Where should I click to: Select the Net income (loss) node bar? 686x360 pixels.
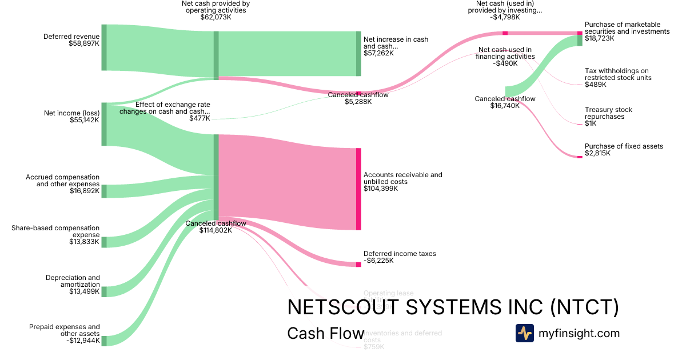click(x=104, y=124)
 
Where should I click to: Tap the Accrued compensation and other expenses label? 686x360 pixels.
click(x=62, y=185)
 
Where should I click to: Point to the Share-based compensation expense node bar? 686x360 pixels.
click(x=104, y=242)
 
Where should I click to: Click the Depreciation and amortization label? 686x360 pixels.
click(x=73, y=285)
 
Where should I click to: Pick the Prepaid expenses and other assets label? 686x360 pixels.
click(x=64, y=334)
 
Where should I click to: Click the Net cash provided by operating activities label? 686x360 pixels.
click(x=216, y=10)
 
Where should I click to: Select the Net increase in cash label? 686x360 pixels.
click(x=396, y=46)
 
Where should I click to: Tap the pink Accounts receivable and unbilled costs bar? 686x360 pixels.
click(x=358, y=189)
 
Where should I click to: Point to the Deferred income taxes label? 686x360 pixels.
click(x=400, y=257)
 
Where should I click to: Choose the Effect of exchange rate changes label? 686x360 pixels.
click(x=165, y=111)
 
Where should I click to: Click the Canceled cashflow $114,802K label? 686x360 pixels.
click(x=216, y=227)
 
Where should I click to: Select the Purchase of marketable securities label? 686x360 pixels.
click(x=627, y=31)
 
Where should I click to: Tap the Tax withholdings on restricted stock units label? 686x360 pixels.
click(x=617, y=78)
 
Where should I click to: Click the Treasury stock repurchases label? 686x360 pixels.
click(x=608, y=117)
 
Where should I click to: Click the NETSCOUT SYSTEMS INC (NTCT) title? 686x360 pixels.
click(x=453, y=307)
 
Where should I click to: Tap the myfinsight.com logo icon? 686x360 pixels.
click(x=524, y=333)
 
